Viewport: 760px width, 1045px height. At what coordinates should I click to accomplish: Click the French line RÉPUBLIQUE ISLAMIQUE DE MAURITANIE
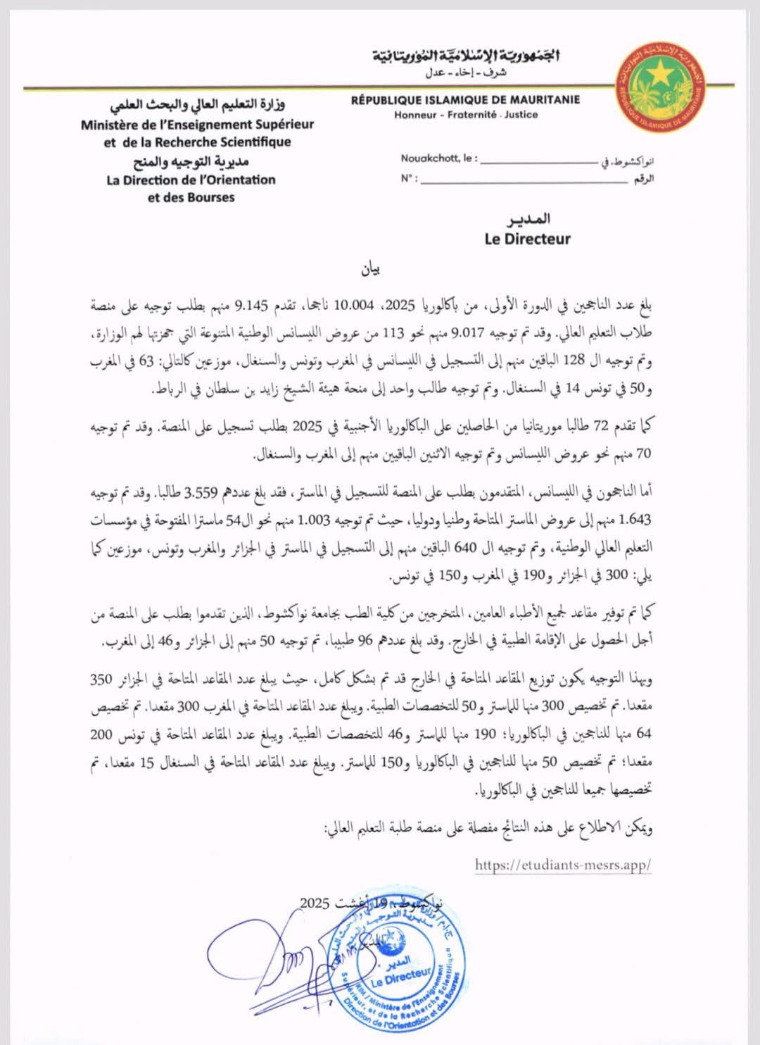point(465,100)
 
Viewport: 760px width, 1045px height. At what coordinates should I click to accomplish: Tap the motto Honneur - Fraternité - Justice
point(466,114)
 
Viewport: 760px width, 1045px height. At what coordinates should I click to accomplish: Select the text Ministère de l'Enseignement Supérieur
point(198,125)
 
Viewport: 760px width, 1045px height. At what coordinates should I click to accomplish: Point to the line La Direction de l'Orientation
point(191,180)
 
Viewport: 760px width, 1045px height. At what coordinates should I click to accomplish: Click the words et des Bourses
point(191,198)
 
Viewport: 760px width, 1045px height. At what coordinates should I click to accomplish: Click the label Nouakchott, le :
point(438,159)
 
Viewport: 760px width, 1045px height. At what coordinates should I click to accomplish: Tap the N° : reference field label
point(408,178)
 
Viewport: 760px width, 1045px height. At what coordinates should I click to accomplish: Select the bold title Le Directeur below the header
point(527,239)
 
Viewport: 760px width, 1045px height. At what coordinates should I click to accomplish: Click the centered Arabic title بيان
point(370,270)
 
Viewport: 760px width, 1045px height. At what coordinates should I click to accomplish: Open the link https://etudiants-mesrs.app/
point(563,865)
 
